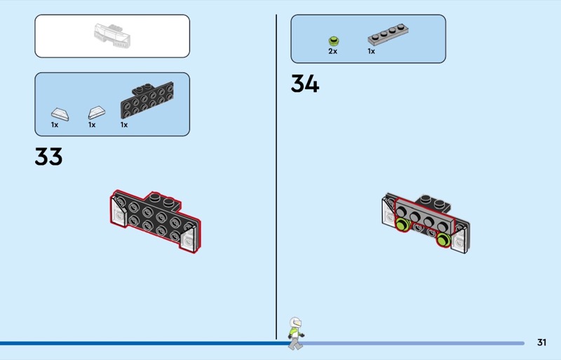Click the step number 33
48,156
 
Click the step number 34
305,84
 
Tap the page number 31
541,342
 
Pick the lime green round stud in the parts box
333,40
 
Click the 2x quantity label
332,51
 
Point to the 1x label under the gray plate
371,51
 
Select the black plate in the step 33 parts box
147,102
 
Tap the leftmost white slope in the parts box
59,112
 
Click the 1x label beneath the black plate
124,125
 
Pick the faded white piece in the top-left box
112,34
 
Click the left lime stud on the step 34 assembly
403,225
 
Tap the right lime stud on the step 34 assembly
443,241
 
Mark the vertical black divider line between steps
277,175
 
